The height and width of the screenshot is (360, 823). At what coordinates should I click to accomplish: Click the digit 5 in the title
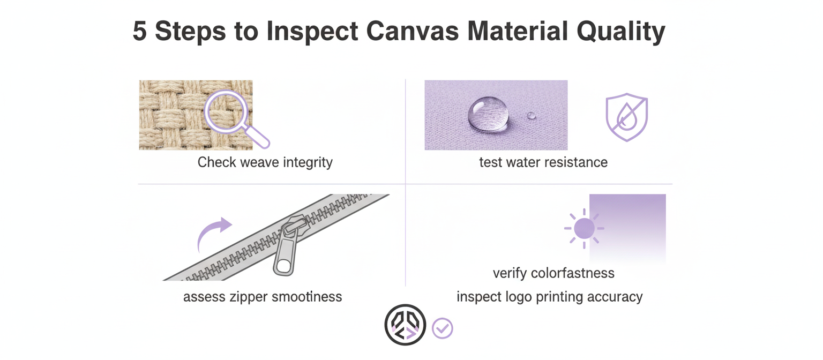coord(139,32)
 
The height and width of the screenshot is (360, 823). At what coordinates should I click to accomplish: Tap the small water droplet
coord(531,115)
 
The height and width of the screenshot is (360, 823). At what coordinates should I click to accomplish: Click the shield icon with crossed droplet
coord(626,118)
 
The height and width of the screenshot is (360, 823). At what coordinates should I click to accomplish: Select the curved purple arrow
coord(214,234)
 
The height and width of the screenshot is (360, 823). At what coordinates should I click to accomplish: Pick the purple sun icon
coord(583,229)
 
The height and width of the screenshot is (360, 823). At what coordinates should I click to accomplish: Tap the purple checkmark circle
coord(443,328)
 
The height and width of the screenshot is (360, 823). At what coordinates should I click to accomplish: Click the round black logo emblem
coord(405,325)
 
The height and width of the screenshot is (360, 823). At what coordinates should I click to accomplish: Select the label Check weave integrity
coord(265,162)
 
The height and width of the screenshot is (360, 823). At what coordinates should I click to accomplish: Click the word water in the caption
coord(522,162)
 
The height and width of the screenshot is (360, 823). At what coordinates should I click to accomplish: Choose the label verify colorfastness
coord(553,273)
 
